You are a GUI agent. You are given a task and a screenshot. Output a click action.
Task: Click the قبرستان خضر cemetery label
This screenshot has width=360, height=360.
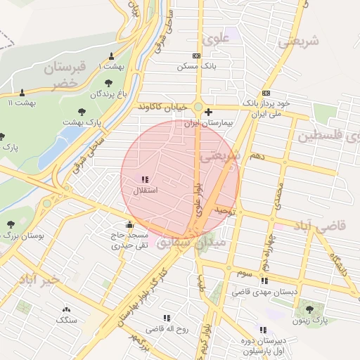pos(63,75)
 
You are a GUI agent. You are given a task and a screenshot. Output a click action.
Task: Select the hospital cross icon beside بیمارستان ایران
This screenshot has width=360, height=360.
pos(208,112)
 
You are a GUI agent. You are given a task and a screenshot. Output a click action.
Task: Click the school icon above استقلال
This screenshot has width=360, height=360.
pos(145,180)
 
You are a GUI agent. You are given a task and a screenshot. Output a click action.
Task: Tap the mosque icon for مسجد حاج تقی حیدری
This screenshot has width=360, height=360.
pos(129,225)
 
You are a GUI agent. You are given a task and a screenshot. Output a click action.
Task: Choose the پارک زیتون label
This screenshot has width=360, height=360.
pos(310,321)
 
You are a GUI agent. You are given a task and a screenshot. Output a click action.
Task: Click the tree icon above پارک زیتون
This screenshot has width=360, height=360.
pos(310,309)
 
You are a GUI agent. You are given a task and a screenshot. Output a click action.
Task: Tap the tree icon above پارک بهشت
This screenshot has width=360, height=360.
pos(83,111)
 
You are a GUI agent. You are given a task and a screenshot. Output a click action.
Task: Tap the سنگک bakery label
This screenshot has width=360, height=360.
pos(67,321)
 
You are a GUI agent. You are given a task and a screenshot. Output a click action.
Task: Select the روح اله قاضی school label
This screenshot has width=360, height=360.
pos(166,328)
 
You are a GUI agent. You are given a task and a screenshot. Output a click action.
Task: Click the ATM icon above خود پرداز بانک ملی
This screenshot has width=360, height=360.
pos(266,93)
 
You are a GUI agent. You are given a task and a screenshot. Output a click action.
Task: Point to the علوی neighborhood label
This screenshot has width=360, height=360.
pos(216,39)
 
